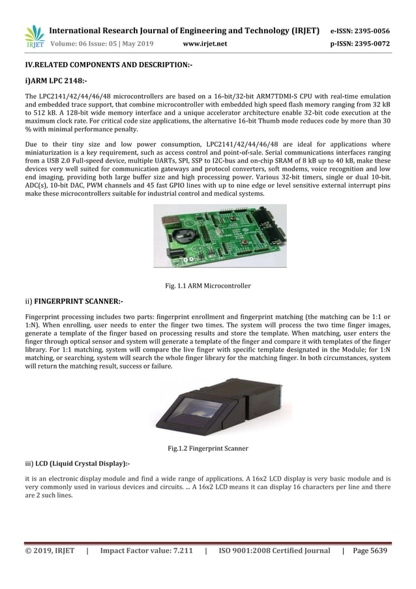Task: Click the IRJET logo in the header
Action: point(33,37)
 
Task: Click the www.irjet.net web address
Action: point(205,44)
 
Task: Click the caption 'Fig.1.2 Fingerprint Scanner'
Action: point(208,448)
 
